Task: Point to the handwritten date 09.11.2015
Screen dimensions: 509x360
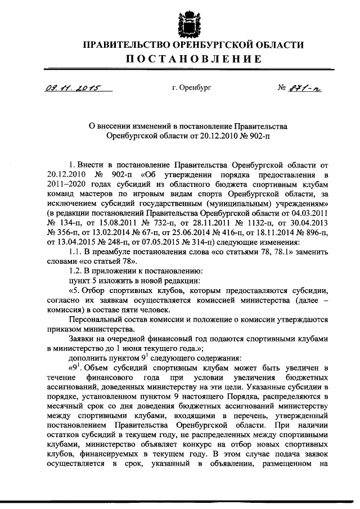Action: [x=70, y=88]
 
